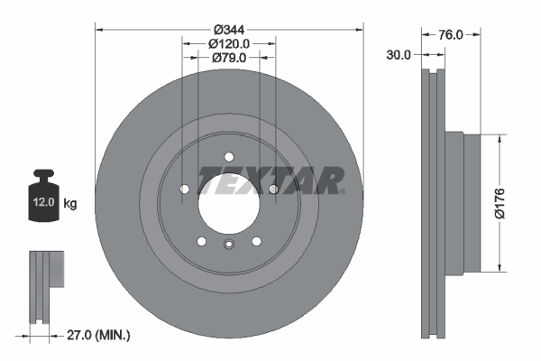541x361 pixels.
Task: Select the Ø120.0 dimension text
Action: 229,42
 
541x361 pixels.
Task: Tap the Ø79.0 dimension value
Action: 229,59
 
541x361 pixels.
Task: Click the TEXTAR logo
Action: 270,180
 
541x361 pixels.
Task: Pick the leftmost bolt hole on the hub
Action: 184,189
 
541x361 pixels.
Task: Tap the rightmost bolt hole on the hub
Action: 273,189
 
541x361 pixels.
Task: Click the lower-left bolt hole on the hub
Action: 202,241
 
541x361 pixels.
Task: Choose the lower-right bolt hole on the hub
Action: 257,241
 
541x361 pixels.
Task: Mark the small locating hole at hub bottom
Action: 229,245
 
